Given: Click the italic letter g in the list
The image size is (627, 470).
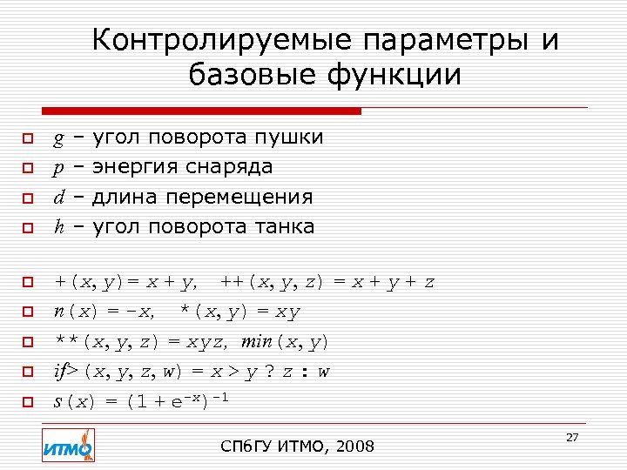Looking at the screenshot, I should [x=57, y=138].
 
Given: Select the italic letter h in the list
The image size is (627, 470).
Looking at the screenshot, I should [x=58, y=227].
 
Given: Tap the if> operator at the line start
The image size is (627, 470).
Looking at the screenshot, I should [x=65, y=372].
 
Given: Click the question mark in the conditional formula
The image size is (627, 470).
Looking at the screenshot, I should [x=268, y=373].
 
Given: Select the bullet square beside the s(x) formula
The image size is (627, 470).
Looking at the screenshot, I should [x=27, y=402].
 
